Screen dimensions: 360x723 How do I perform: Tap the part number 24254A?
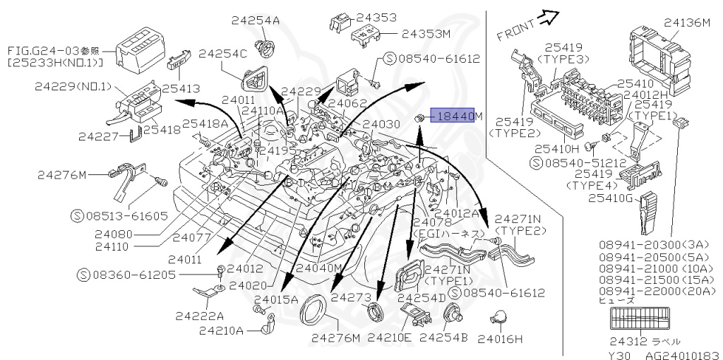[255, 20]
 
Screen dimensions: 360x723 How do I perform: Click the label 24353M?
[426, 32]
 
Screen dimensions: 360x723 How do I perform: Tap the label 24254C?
[222, 53]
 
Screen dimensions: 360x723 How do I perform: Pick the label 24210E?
[388, 338]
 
